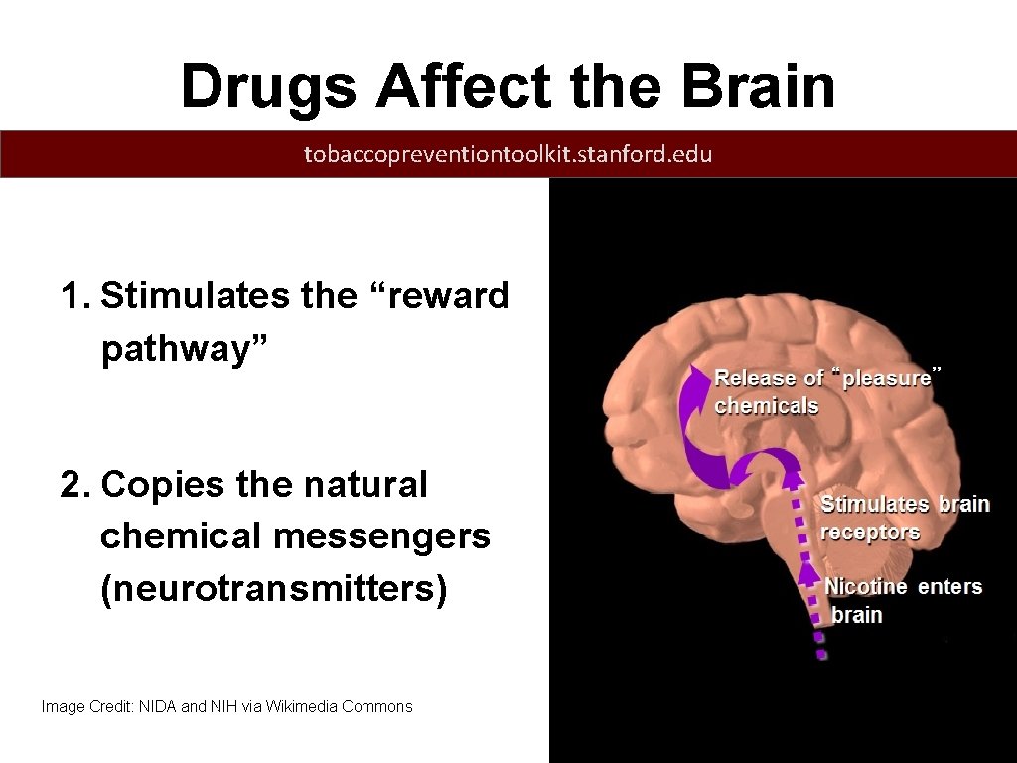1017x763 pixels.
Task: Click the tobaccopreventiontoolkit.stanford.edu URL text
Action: (x=508, y=154)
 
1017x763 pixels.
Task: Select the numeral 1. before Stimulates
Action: (x=76, y=296)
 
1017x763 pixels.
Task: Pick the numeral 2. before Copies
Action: (x=76, y=485)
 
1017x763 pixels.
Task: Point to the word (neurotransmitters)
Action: (x=274, y=589)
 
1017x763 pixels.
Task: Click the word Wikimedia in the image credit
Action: (x=302, y=707)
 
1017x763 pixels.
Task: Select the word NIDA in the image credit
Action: (x=157, y=707)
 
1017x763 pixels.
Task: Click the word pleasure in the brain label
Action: (x=886, y=378)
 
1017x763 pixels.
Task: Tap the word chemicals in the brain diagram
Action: (x=766, y=405)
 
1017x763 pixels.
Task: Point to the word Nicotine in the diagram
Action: (x=865, y=586)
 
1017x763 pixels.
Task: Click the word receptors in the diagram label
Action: (x=869, y=532)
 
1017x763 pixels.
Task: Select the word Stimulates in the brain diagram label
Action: (x=875, y=504)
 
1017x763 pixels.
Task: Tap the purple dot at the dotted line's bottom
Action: (x=820, y=655)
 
